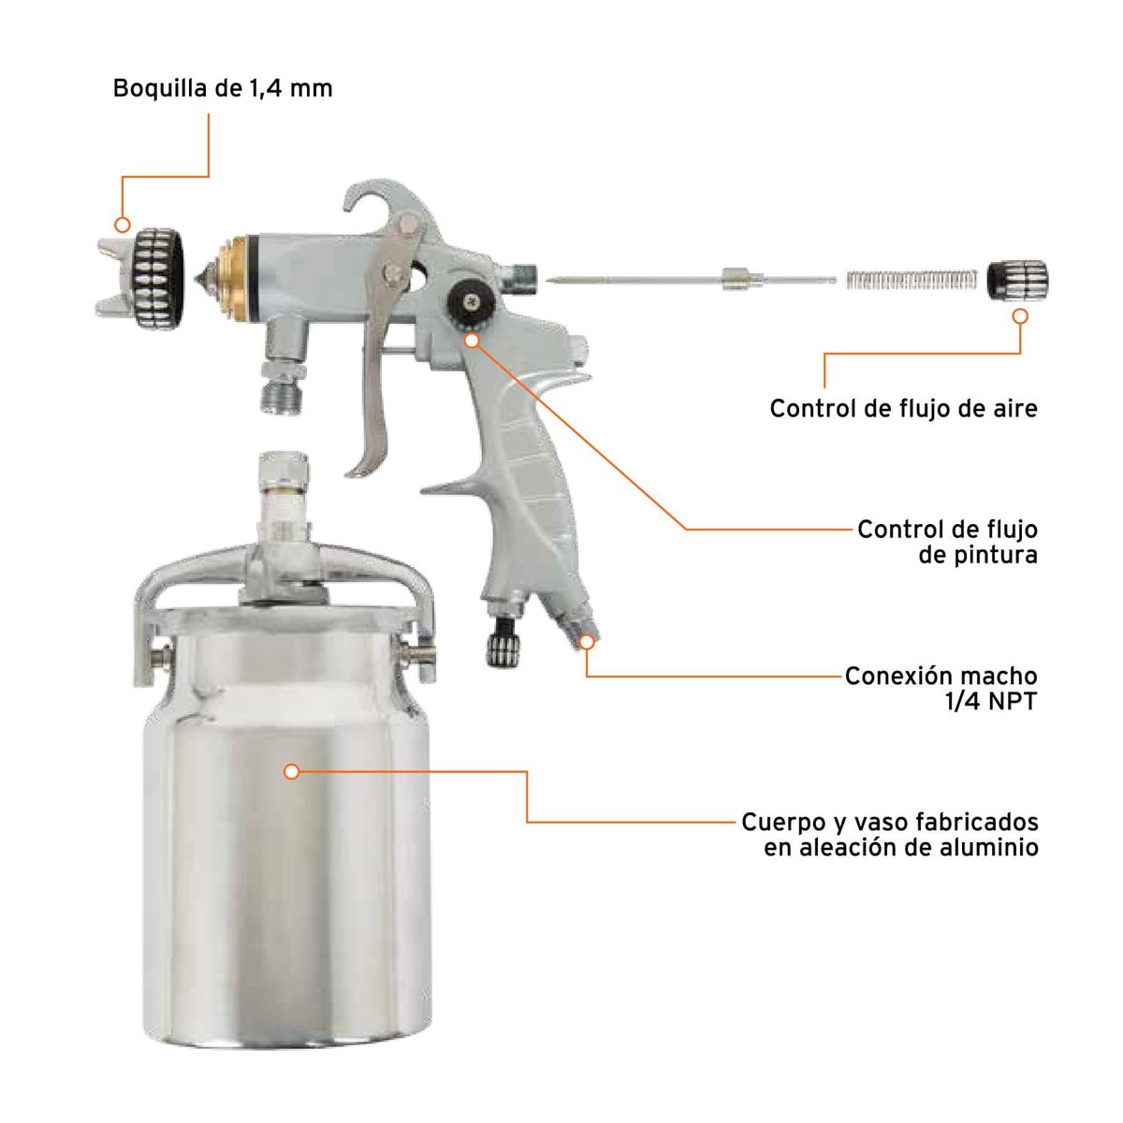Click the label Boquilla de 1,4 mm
tap(223, 89)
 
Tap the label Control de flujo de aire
tap(903, 409)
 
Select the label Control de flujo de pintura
tap(947, 542)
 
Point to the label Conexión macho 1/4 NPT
tap(941, 688)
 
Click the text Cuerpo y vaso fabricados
tap(889, 823)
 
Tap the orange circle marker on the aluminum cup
tap(291, 771)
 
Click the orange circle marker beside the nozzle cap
tap(121, 225)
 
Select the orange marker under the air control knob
tap(1020, 316)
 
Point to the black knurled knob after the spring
tap(1018, 280)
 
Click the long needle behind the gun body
tap(655, 279)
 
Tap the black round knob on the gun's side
tap(468, 300)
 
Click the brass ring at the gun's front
tap(228, 274)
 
